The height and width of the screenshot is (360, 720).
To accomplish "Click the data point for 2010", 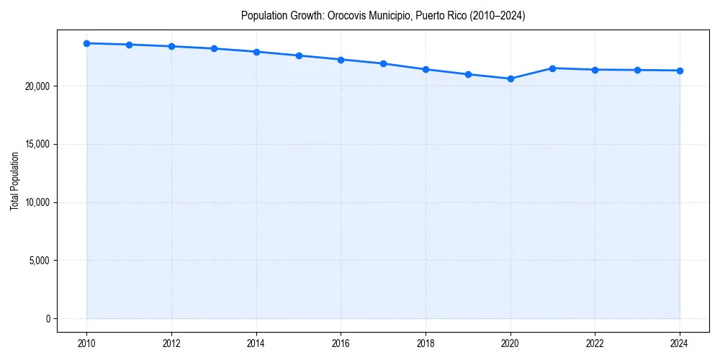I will pos(87,43).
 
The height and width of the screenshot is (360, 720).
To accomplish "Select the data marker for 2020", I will pos(510,78).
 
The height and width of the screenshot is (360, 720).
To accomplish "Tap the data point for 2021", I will pos(553,68).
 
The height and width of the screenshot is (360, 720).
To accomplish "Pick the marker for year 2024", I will pos(680,71).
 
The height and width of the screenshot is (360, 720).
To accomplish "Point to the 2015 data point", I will pos(299,55).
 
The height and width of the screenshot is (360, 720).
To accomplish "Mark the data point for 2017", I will pos(383,63).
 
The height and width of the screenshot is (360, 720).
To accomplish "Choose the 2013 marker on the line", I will pos(214,48).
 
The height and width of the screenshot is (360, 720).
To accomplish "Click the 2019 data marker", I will pos(468,74).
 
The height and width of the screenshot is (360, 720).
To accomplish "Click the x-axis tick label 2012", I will pos(171,343).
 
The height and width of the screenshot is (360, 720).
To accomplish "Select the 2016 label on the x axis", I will pos(341,343).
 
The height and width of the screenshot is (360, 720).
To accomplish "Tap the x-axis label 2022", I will pos(595,343).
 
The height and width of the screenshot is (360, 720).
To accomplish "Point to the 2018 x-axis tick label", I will pos(426,343).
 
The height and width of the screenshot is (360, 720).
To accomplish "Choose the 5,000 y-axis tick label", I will pos(40,261).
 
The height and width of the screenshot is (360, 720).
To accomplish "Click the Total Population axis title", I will pos(14,181).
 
